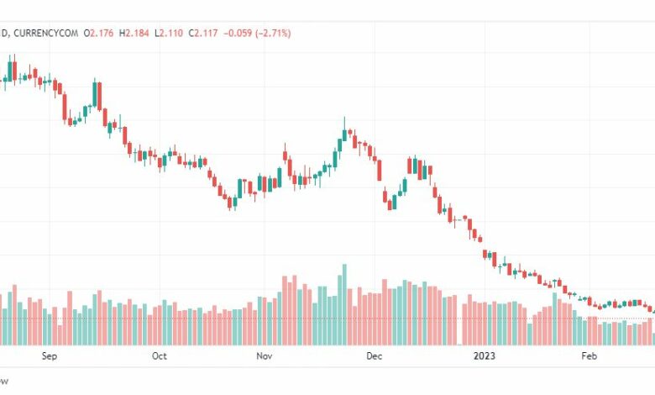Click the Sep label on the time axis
[49, 356]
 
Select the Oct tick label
[160, 356]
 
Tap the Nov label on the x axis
[265, 356]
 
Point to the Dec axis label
[375, 356]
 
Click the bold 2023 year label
[485, 356]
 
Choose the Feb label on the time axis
[589, 356]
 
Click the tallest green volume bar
[343, 304]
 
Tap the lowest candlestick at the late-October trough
[231, 202]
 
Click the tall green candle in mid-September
[96, 94]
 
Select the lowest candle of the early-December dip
[390, 202]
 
